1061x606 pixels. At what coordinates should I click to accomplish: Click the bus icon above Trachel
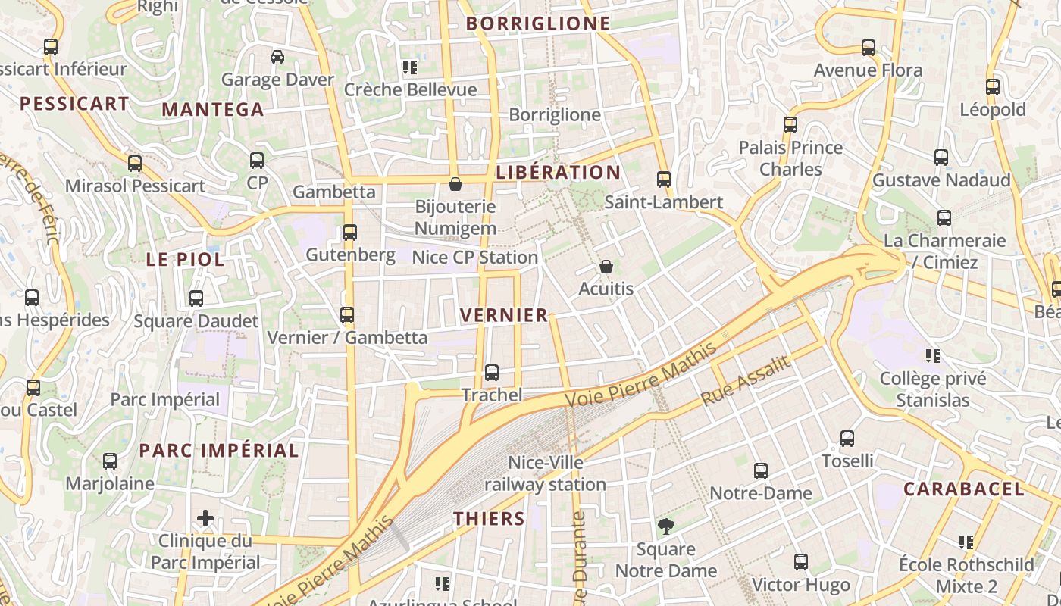492,372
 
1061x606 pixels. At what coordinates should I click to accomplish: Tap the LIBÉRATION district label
558,173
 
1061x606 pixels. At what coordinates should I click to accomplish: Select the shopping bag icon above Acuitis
606,267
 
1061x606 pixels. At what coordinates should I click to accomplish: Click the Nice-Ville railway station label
546,473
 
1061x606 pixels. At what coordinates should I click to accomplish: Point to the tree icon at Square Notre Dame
666,526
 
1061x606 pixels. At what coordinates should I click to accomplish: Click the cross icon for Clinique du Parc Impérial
205,518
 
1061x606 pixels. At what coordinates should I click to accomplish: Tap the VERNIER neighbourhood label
504,315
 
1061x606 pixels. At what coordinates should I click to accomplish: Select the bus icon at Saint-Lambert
664,180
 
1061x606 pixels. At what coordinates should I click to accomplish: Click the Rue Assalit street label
746,381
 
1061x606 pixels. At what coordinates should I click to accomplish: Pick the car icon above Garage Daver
277,57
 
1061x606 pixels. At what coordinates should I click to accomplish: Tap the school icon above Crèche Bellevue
410,67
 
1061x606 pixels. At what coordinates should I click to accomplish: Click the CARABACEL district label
963,489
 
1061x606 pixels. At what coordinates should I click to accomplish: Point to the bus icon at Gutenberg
350,233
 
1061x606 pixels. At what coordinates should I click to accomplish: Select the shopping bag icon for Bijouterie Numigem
455,184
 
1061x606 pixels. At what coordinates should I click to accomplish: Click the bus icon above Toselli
847,438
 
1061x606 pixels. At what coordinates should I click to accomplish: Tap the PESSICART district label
74,104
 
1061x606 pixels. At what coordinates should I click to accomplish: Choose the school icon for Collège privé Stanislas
933,355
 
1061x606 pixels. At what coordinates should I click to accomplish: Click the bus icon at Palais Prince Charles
790,124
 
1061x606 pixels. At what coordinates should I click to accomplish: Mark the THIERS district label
489,519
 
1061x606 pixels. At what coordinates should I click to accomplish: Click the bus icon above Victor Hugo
801,562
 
